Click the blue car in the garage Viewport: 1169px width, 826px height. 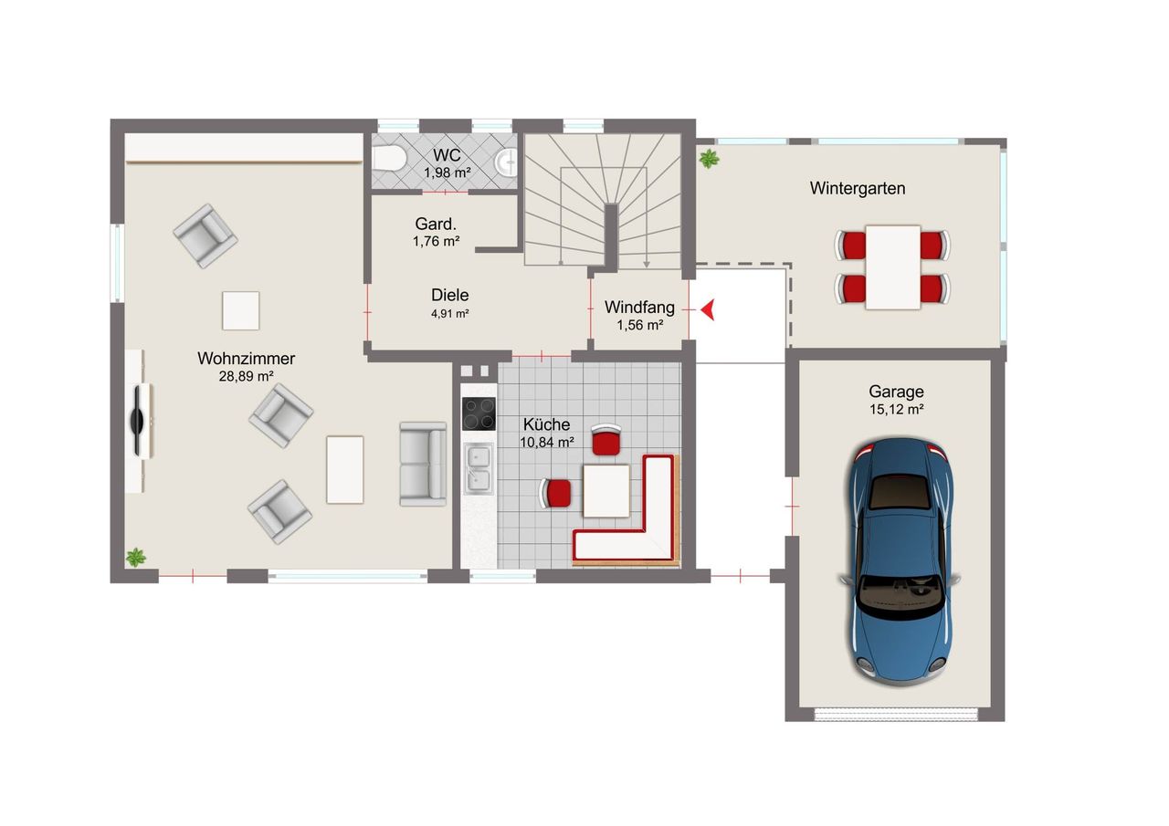click(900, 561)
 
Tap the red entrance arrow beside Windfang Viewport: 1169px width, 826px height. click(708, 309)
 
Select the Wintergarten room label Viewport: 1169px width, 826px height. click(858, 188)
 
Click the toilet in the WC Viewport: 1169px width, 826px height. click(389, 158)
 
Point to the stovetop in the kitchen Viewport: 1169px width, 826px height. click(479, 413)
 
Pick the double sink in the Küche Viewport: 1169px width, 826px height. click(479, 468)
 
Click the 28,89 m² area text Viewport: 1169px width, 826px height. click(247, 376)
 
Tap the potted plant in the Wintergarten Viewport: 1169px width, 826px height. click(709, 159)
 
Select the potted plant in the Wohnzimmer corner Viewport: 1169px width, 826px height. click(136, 558)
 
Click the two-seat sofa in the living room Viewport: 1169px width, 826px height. click(423, 464)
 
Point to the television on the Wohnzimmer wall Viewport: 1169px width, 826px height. click(138, 421)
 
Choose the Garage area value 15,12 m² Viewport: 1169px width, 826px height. click(896, 410)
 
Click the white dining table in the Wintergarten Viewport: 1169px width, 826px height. click(893, 267)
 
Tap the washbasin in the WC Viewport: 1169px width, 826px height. click(506, 162)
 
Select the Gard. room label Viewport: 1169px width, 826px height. click(436, 224)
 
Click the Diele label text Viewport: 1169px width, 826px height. click(450, 295)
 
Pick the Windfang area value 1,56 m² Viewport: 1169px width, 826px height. click(640, 326)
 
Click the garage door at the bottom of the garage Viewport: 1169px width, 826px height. click(896, 715)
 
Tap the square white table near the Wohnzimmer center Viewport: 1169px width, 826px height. click(240, 311)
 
